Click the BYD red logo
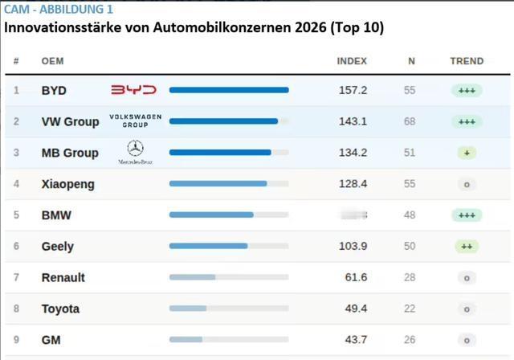(x=133, y=90)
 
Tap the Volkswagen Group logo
(x=135, y=121)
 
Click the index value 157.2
(x=353, y=90)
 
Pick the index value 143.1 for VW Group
(x=353, y=121)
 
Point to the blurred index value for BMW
(x=353, y=215)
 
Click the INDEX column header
(x=352, y=61)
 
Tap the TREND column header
(x=467, y=61)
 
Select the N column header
(x=411, y=61)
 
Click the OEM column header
(x=52, y=61)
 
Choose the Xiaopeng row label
(x=67, y=184)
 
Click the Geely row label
(x=57, y=247)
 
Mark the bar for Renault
(x=192, y=277)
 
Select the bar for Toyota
(x=188, y=309)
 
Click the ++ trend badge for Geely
(x=466, y=247)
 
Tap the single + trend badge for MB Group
(x=466, y=153)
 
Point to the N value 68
(x=410, y=121)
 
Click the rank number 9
(x=16, y=340)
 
